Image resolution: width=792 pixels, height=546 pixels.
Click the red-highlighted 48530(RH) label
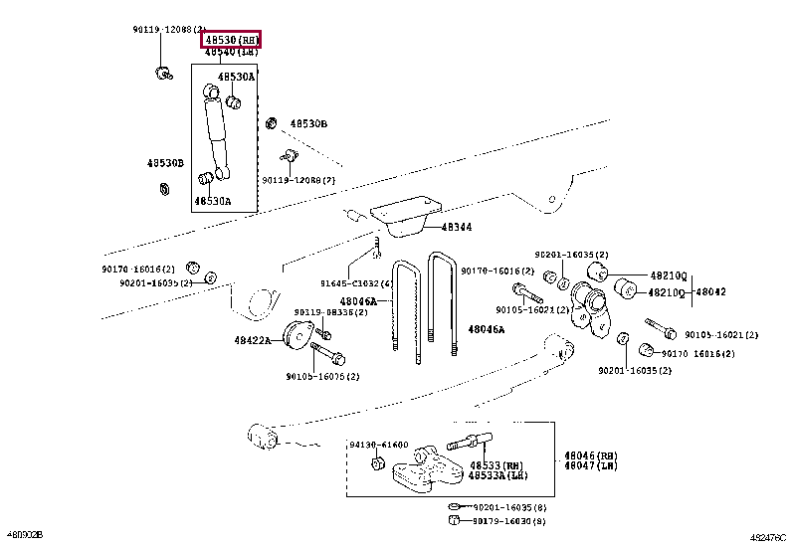(231, 39)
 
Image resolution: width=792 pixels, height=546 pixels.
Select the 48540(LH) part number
(231, 51)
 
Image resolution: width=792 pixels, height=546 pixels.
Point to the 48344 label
(457, 228)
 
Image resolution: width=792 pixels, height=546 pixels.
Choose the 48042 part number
(710, 291)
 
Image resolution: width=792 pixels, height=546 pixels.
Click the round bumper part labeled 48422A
(297, 336)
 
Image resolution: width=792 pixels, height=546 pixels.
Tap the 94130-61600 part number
(378, 445)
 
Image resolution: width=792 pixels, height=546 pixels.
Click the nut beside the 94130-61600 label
(379, 463)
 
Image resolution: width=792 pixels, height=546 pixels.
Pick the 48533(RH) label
(496, 465)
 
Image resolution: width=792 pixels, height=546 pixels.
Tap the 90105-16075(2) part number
(322, 376)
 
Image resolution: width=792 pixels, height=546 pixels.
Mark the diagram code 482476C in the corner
(767, 537)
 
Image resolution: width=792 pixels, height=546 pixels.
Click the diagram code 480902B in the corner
(24, 537)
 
